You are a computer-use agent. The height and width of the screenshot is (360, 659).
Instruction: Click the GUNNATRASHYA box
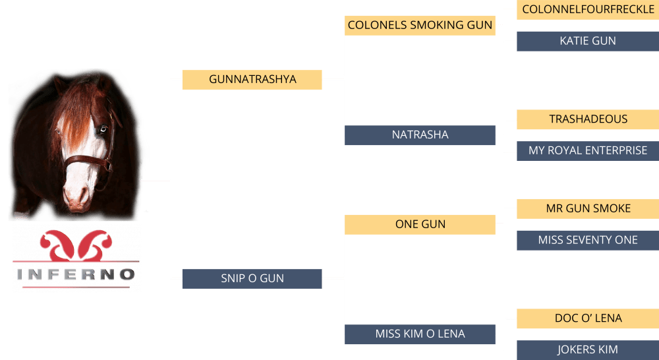click(x=252, y=80)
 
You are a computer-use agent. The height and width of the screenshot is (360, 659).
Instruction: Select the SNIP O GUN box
click(x=252, y=278)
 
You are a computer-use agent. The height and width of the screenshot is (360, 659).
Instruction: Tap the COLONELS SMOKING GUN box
click(x=420, y=26)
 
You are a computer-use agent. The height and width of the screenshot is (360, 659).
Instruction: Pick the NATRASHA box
click(x=420, y=135)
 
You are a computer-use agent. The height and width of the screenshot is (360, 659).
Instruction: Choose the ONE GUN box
click(x=420, y=224)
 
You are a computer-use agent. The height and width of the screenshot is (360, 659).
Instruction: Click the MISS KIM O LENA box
click(x=420, y=334)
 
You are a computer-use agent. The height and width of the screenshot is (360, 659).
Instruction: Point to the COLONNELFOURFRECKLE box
click(x=588, y=10)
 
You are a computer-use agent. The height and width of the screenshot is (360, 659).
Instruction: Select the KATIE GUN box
click(x=588, y=41)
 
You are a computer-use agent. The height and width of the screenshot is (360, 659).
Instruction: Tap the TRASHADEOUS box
click(x=588, y=119)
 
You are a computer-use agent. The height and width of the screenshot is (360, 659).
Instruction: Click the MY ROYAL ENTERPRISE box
click(x=588, y=150)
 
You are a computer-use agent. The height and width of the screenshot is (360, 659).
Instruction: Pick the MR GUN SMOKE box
click(x=588, y=208)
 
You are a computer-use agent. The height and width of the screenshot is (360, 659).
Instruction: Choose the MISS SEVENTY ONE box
click(x=588, y=240)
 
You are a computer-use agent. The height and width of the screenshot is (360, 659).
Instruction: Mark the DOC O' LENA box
click(x=588, y=318)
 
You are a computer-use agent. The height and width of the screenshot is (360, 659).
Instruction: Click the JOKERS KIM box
click(x=588, y=349)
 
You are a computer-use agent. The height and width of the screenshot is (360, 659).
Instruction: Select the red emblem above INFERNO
click(x=76, y=247)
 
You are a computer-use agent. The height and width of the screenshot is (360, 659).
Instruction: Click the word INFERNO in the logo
click(x=76, y=274)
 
